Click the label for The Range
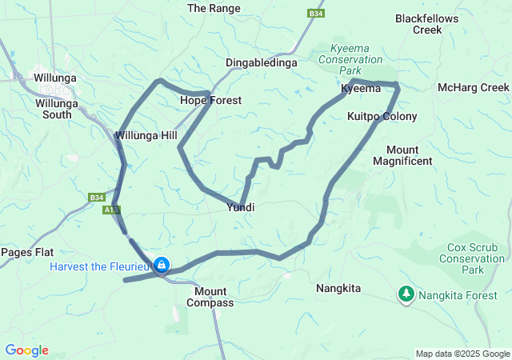click(x=208, y=8)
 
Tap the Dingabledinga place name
click(x=261, y=62)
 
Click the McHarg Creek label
click(x=474, y=87)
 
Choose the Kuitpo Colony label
click(x=382, y=117)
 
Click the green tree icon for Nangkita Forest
click(x=406, y=294)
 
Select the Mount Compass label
click(x=210, y=297)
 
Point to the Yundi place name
click(x=241, y=207)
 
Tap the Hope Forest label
click(x=210, y=100)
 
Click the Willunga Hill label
click(x=146, y=135)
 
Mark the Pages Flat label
click(x=26, y=252)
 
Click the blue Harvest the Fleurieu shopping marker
click(x=162, y=264)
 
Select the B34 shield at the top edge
click(x=315, y=13)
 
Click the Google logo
click(x=26, y=350)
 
